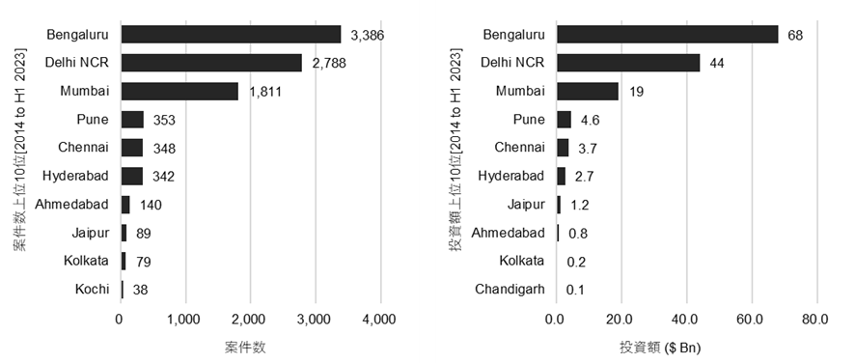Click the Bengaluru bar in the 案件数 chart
[x=231, y=35]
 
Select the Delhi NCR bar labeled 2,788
[x=211, y=63]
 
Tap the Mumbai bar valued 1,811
[x=179, y=92]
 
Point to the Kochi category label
[x=93, y=289]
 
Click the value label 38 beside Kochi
[x=139, y=289]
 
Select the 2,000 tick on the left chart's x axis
[x=249, y=321]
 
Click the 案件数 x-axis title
[x=247, y=346]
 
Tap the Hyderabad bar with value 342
[x=131, y=176]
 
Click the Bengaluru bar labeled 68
[x=667, y=35]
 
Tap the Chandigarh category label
[x=510, y=289]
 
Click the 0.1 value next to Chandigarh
[x=577, y=289]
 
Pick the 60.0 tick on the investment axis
[x=751, y=321]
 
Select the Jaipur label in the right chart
[x=527, y=204]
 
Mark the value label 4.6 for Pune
[x=588, y=120]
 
